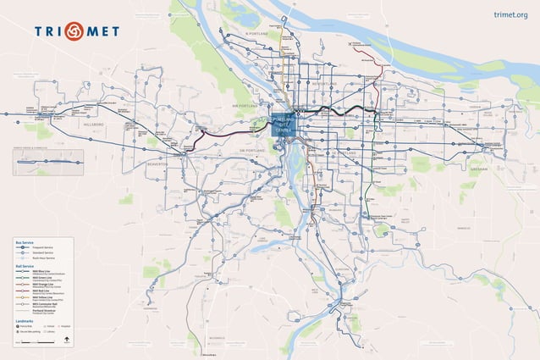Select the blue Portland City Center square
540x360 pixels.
(283, 125)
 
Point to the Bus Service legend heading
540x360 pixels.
(24, 242)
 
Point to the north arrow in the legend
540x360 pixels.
(66, 341)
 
